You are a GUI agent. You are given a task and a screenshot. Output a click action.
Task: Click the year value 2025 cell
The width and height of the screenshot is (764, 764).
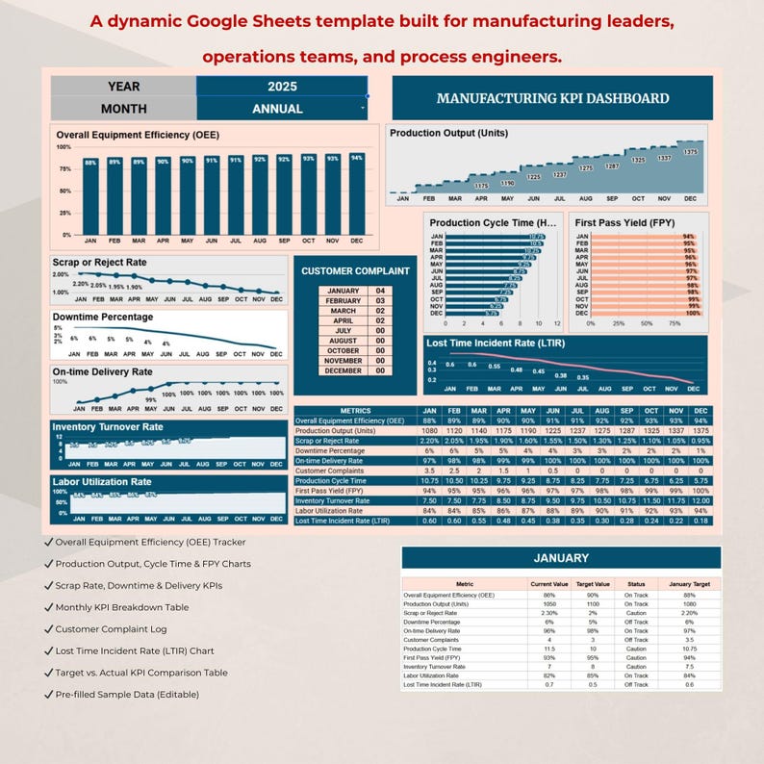tap(282, 86)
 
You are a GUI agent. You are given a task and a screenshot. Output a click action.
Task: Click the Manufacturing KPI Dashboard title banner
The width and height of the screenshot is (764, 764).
tap(552, 98)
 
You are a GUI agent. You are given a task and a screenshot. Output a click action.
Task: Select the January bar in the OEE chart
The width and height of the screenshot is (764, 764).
tap(90, 198)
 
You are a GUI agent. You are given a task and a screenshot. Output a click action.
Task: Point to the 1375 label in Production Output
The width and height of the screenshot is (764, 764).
tap(690, 152)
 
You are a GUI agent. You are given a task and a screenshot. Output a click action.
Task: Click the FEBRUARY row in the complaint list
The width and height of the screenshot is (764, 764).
tap(344, 301)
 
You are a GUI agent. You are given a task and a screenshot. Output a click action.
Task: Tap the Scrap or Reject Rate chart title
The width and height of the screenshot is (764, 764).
tap(100, 263)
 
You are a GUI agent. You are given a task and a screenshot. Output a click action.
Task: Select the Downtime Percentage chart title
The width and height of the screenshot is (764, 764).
tap(103, 317)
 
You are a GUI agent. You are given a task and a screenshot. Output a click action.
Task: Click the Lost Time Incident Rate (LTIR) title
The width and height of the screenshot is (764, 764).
tap(495, 344)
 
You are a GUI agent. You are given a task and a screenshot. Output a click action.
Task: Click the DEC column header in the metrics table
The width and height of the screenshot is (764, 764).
tap(701, 411)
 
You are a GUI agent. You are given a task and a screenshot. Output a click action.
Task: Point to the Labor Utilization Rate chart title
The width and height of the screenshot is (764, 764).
tap(102, 481)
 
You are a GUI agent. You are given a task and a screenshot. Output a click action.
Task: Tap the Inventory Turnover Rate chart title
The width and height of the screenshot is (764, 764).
tap(108, 426)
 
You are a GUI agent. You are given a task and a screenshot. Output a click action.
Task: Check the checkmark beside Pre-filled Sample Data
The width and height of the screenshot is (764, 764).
tap(49, 694)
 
